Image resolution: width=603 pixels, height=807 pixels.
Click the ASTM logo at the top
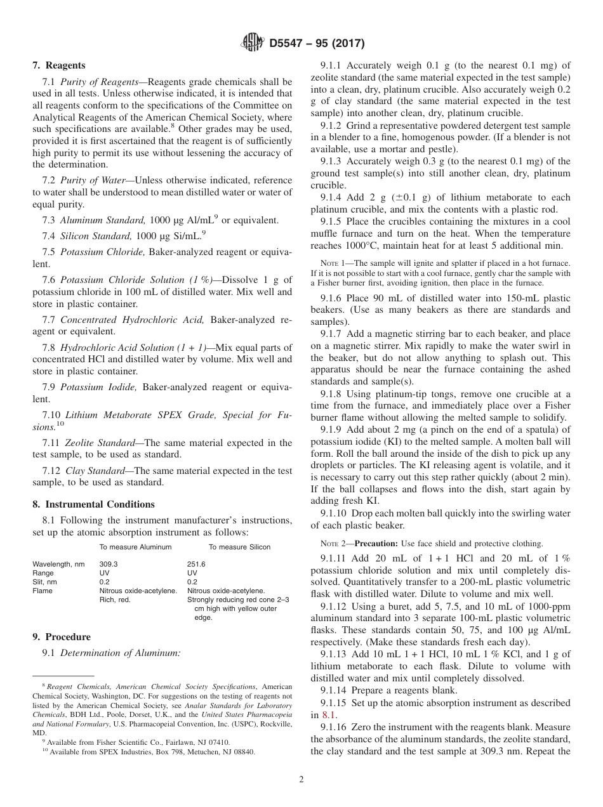click(x=253, y=43)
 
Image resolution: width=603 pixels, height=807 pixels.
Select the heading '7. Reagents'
click(x=58, y=65)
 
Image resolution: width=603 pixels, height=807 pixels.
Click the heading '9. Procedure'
click(x=61, y=637)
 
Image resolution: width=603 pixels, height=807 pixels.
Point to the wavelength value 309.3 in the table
click(x=109, y=564)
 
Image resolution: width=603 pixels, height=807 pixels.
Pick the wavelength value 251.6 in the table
click(x=196, y=564)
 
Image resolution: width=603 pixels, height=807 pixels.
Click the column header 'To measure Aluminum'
click(x=135, y=547)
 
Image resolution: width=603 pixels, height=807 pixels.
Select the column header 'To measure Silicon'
click(x=239, y=547)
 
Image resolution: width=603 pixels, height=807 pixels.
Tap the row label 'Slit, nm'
click(x=44, y=582)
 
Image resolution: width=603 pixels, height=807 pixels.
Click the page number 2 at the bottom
click(x=301, y=780)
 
